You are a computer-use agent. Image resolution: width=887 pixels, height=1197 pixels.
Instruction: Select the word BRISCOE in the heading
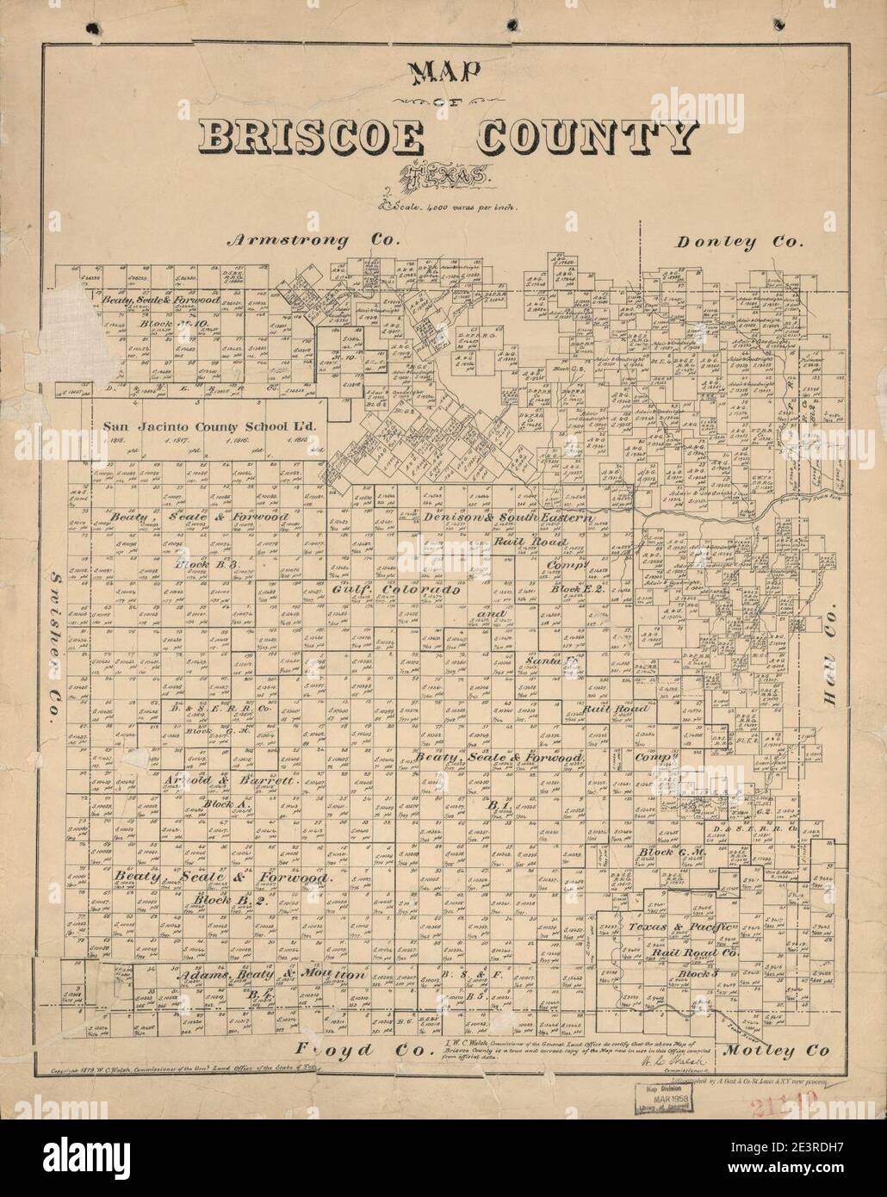point(313,137)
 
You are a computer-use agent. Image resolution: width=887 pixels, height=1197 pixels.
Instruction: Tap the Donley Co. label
point(740,242)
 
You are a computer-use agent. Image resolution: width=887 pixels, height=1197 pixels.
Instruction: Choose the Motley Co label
point(776,1051)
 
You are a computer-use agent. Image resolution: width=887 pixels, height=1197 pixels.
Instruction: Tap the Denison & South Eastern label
point(509,518)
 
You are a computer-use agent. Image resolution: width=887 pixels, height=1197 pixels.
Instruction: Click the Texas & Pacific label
point(681,927)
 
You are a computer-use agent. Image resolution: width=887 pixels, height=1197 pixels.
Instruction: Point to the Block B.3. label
point(199,564)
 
